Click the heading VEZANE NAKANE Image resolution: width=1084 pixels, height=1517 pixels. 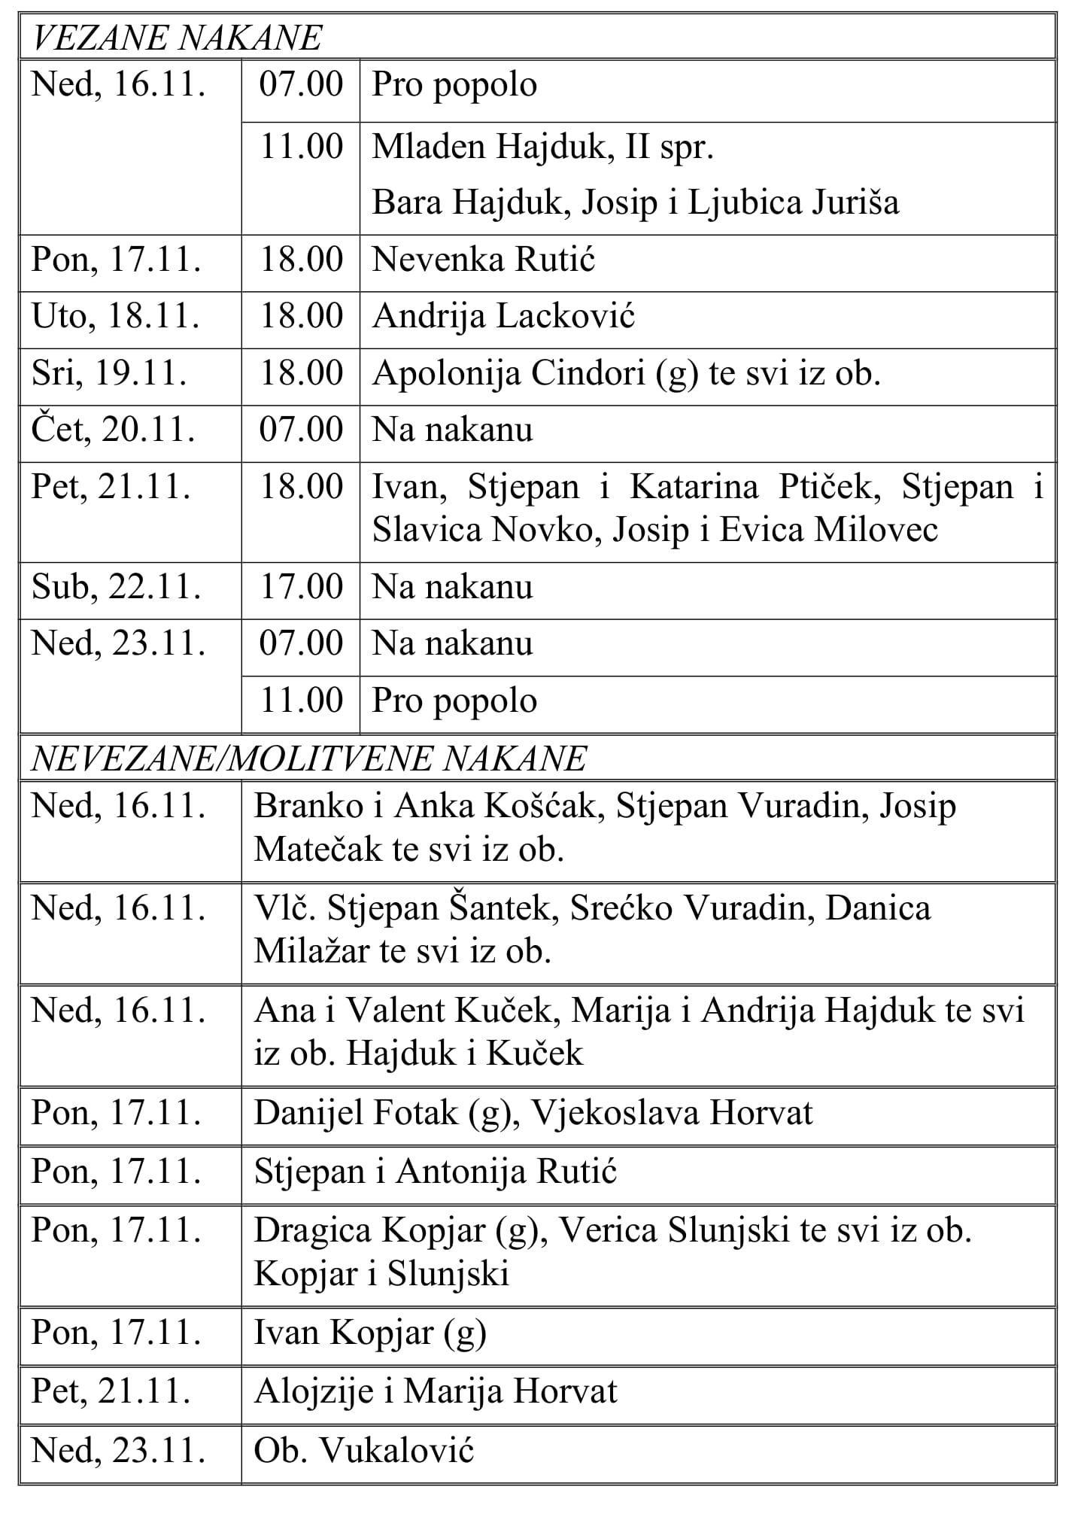(x=177, y=38)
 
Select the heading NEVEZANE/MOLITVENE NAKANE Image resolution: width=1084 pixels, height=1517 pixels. (x=308, y=759)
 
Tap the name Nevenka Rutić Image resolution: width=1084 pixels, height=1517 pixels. (x=484, y=260)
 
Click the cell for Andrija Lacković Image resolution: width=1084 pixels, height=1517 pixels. (x=503, y=316)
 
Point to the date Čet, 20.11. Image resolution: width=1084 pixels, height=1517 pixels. (x=114, y=430)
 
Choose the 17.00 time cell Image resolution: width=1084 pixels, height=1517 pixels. (x=301, y=587)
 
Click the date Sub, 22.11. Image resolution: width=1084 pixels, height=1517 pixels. (x=117, y=587)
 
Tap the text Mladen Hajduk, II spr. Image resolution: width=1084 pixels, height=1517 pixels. (x=542, y=147)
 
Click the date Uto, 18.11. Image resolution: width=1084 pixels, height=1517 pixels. (x=116, y=316)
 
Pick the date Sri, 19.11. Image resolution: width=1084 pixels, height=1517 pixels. (x=109, y=373)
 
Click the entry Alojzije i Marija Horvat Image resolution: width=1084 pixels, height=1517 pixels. (x=436, y=1391)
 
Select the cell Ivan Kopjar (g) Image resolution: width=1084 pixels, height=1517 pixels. (x=370, y=1333)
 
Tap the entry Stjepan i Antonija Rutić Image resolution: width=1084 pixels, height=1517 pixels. (x=436, y=1172)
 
